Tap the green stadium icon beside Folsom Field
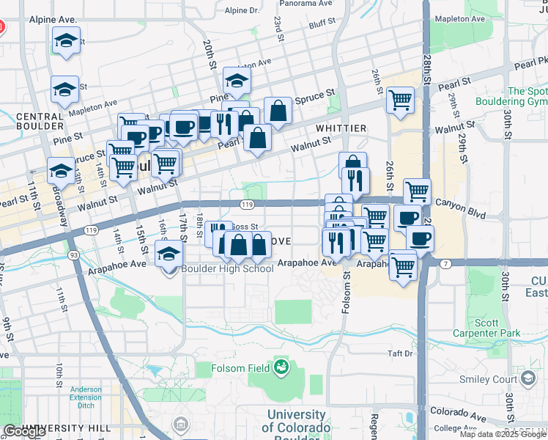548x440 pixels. (x=281, y=365)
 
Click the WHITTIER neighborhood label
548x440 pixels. (x=341, y=128)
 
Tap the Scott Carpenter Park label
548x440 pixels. (x=497, y=328)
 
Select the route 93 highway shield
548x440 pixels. (x=74, y=255)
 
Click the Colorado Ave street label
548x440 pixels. (x=458, y=414)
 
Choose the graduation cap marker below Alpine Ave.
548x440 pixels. (x=66, y=43)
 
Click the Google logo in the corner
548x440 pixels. (x=24, y=432)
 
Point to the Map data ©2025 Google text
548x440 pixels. (x=502, y=434)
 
